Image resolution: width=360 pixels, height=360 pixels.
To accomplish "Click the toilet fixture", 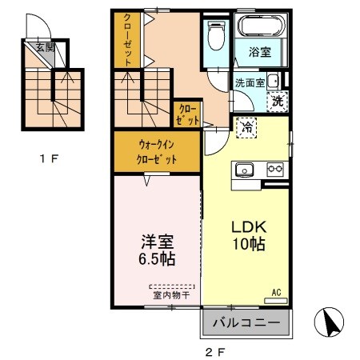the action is pyautogui.click(x=216, y=36).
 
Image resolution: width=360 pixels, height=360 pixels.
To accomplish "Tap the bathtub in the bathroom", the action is pyautogui.click(x=262, y=26).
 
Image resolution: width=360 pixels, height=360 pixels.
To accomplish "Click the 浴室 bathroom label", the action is pyautogui.click(x=260, y=52).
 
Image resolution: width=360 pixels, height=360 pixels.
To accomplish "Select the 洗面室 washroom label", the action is pyautogui.click(x=250, y=83).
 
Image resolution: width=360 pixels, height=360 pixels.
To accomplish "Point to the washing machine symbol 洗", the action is pyautogui.click(x=278, y=102).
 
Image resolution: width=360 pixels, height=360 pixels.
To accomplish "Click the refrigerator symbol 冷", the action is pyautogui.click(x=246, y=127).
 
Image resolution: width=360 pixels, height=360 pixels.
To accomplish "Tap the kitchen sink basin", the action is pyautogui.click(x=244, y=170).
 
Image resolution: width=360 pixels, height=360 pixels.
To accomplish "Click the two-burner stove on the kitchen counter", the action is pyautogui.click(x=275, y=169).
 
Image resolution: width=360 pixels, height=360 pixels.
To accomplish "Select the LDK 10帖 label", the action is pyautogui.click(x=249, y=235).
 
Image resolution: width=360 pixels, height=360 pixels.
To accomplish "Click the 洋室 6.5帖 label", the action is pyautogui.click(x=157, y=250).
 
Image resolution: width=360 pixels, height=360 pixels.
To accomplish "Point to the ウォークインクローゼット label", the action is pyautogui.click(x=157, y=152).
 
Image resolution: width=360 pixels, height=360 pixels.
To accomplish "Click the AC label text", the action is pyautogui.click(x=277, y=293).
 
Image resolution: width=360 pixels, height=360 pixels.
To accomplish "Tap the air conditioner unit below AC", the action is pyautogui.click(x=276, y=301).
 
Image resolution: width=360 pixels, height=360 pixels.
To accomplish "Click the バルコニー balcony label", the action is pyautogui.click(x=246, y=323).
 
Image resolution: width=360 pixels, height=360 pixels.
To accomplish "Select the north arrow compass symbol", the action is pyautogui.click(x=329, y=322).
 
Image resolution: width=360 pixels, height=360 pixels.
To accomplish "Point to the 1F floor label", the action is pyautogui.click(x=49, y=159).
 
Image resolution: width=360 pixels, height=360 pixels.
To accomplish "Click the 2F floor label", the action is pyautogui.click(x=215, y=353).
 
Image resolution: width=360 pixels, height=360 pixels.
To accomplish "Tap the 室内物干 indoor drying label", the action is pyautogui.click(x=171, y=295).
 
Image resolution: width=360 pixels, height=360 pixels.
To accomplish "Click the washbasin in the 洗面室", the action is pyautogui.click(x=273, y=81).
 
